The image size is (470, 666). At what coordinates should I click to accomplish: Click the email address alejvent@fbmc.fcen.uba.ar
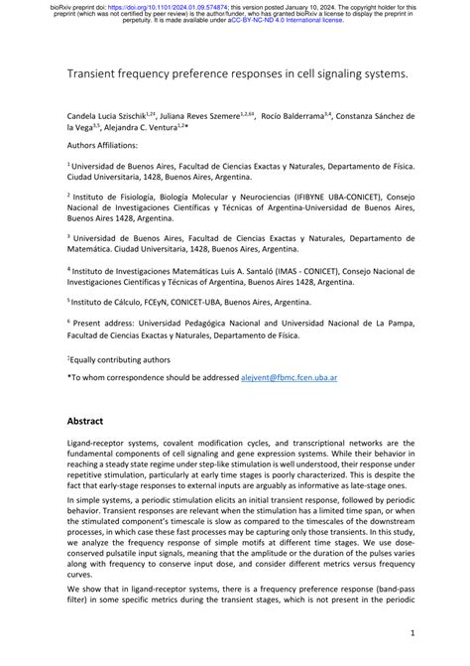[x=294, y=377]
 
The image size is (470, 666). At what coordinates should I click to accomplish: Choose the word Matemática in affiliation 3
[x=93, y=252]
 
